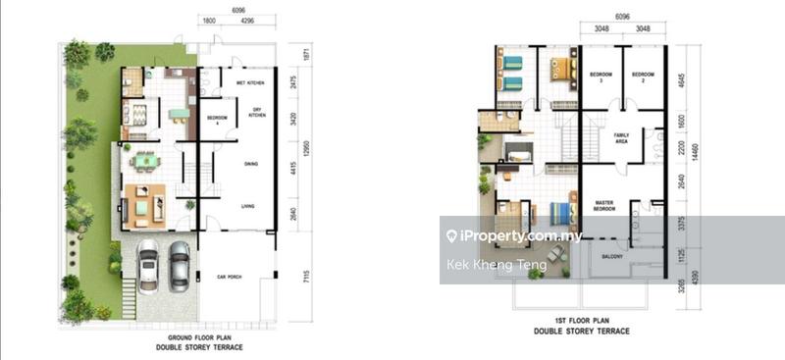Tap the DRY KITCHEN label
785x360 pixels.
pos(257,114)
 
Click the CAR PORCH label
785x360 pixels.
pos(230,278)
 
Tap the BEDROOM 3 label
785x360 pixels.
pos(601,77)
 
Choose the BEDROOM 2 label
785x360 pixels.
pos(643,77)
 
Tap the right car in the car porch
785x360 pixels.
pos(179,262)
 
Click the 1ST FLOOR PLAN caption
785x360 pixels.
pos(580,321)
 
